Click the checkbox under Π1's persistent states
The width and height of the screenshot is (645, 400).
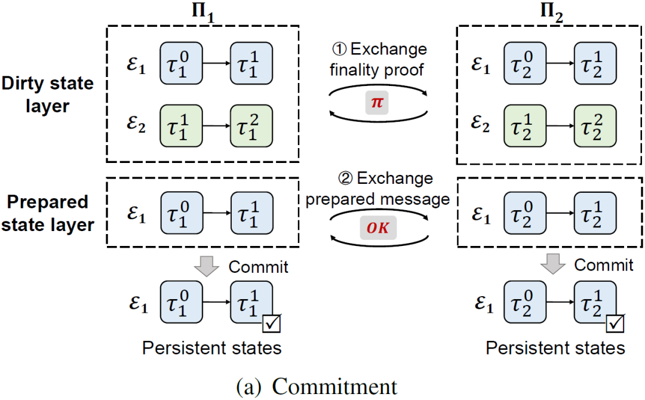pyautogui.click(x=272, y=323)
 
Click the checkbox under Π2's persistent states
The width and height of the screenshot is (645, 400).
pyautogui.click(x=615, y=323)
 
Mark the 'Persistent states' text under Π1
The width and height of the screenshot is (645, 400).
pyautogui.click(x=211, y=347)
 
